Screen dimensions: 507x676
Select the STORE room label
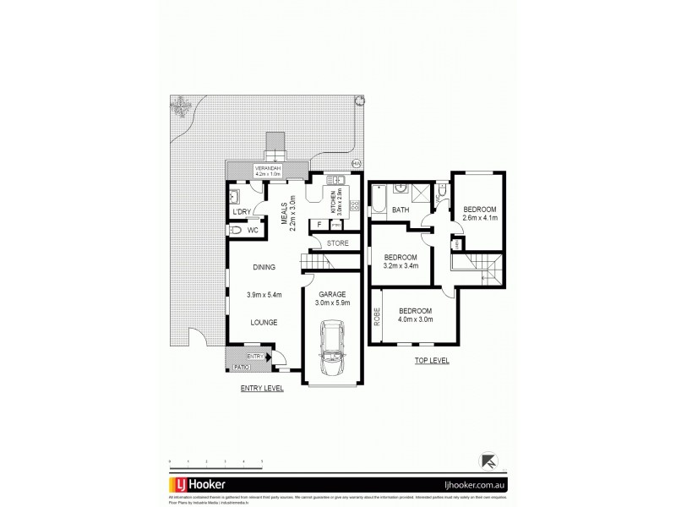338,244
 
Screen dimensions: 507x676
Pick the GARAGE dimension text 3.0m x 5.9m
332,303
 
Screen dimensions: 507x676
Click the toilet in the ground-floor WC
237,230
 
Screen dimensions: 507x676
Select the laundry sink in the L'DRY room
236,196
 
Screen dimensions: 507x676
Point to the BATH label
401,210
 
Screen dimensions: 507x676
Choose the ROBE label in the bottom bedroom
377,315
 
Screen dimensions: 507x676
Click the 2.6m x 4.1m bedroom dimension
479,217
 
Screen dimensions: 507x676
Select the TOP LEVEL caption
433,361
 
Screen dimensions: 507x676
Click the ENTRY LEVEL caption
261,388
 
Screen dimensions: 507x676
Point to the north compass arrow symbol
488,461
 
